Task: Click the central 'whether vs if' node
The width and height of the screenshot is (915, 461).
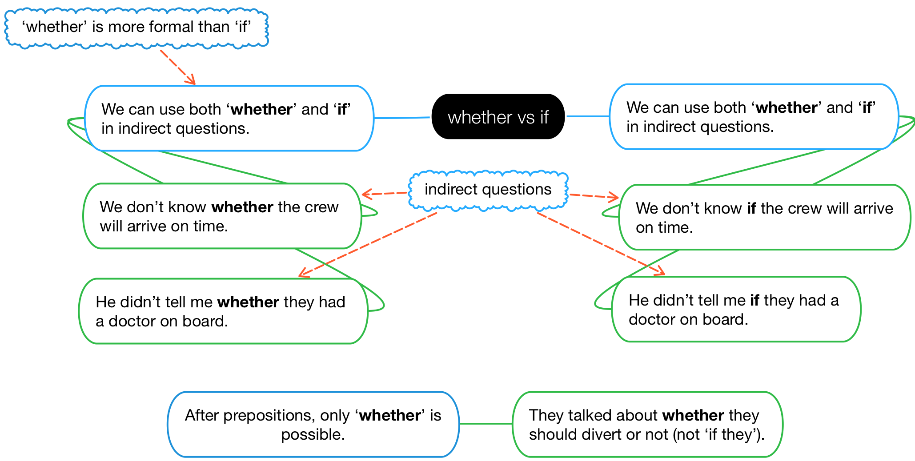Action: coord(498,117)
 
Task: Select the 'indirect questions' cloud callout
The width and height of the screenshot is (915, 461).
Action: coord(488,190)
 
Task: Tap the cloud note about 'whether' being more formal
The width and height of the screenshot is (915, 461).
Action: coord(136,28)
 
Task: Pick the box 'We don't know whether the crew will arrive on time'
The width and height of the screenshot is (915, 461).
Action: coord(221,216)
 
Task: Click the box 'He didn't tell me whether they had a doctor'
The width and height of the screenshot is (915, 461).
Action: coord(223,311)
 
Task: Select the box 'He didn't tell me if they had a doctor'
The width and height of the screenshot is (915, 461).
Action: coord(736,310)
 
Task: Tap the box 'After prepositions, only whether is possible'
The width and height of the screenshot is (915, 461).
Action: coord(313,425)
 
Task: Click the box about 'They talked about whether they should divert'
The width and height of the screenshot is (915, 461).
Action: coord(647,425)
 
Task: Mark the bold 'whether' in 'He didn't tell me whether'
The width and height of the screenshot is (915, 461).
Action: coord(248,302)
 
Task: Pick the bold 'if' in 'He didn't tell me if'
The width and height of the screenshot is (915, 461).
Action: coord(754,300)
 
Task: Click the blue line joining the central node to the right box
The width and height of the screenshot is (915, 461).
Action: coord(587,116)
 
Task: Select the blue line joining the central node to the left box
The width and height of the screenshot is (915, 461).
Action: coord(402,118)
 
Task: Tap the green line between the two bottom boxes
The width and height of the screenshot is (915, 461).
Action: coord(486,424)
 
